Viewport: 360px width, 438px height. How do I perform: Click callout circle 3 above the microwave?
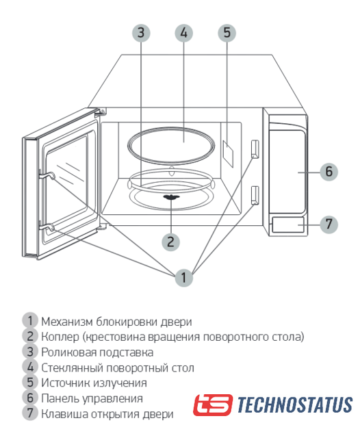pyautogui.click(x=141, y=33)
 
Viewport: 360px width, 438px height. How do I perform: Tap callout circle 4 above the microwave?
pyautogui.click(x=184, y=33)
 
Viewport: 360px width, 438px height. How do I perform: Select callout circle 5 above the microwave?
pyautogui.click(x=227, y=33)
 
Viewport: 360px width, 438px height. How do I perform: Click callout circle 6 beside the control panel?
pyautogui.click(x=329, y=172)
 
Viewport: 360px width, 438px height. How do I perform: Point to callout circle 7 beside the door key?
pyautogui.click(x=329, y=224)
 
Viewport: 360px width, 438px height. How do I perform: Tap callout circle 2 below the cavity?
pyautogui.click(x=170, y=242)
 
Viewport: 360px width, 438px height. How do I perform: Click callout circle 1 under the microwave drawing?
pyautogui.click(x=183, y=277)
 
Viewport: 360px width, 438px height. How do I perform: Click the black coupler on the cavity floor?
pyautogui.click(x=170, y=198)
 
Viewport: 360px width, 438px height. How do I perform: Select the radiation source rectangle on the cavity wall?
pyautogui.click(x=228, y=153)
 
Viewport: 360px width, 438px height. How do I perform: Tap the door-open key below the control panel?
pyautogui.click(x=287, y=224)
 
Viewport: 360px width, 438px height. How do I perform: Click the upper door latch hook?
pyautogui.click(x=47, y=175)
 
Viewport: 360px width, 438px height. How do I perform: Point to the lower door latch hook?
pyautogui.click(x=47, y=228)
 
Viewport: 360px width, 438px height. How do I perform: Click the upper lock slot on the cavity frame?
pyautogui.click(x=255, y=149)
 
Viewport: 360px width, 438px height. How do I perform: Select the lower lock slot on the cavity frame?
pyautogui.click(x=255, y=196)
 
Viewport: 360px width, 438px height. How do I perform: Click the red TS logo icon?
pyautogui.click(x=213, y=404)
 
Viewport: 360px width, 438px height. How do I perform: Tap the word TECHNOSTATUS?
pyautogui.click(x=295, y=404)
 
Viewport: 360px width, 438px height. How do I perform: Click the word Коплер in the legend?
pyautogui.click(x=60, y=337)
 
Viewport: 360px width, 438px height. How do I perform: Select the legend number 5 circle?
pyautogui.click(x=30, y=383)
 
